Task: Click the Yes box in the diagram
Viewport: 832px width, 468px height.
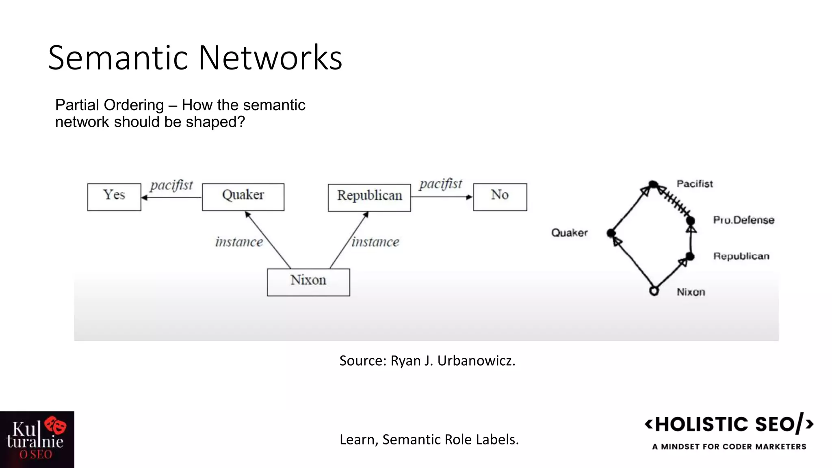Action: point(114,197)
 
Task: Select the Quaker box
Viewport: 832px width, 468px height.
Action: point(243,197)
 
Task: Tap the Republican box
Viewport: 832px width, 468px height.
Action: point(369,197)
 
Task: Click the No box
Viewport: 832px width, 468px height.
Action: point(500,197)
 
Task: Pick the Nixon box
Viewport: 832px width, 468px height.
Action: point(308,282)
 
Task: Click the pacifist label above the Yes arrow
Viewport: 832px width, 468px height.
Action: point(171,185)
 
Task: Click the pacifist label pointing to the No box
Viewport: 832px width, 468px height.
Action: point(441,184)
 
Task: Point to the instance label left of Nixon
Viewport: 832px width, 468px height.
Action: point(239,242)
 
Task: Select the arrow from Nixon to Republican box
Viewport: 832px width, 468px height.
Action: point(349,240)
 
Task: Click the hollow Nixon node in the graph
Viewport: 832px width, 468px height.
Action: point(654,291)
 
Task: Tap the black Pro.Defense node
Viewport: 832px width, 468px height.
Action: point(691,221)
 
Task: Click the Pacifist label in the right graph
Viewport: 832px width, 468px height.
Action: point(695,184)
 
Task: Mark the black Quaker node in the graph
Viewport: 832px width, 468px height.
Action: point(611,233)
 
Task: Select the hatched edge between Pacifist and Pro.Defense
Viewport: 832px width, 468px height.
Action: point(673,202)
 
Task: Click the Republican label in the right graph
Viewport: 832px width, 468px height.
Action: point(741,256)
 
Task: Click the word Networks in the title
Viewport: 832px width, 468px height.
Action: point(270,58)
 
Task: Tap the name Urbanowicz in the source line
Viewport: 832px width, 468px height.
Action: point(476,361)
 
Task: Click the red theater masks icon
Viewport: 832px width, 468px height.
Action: point(56,425)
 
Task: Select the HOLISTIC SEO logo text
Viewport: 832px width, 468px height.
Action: point(725,425)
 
